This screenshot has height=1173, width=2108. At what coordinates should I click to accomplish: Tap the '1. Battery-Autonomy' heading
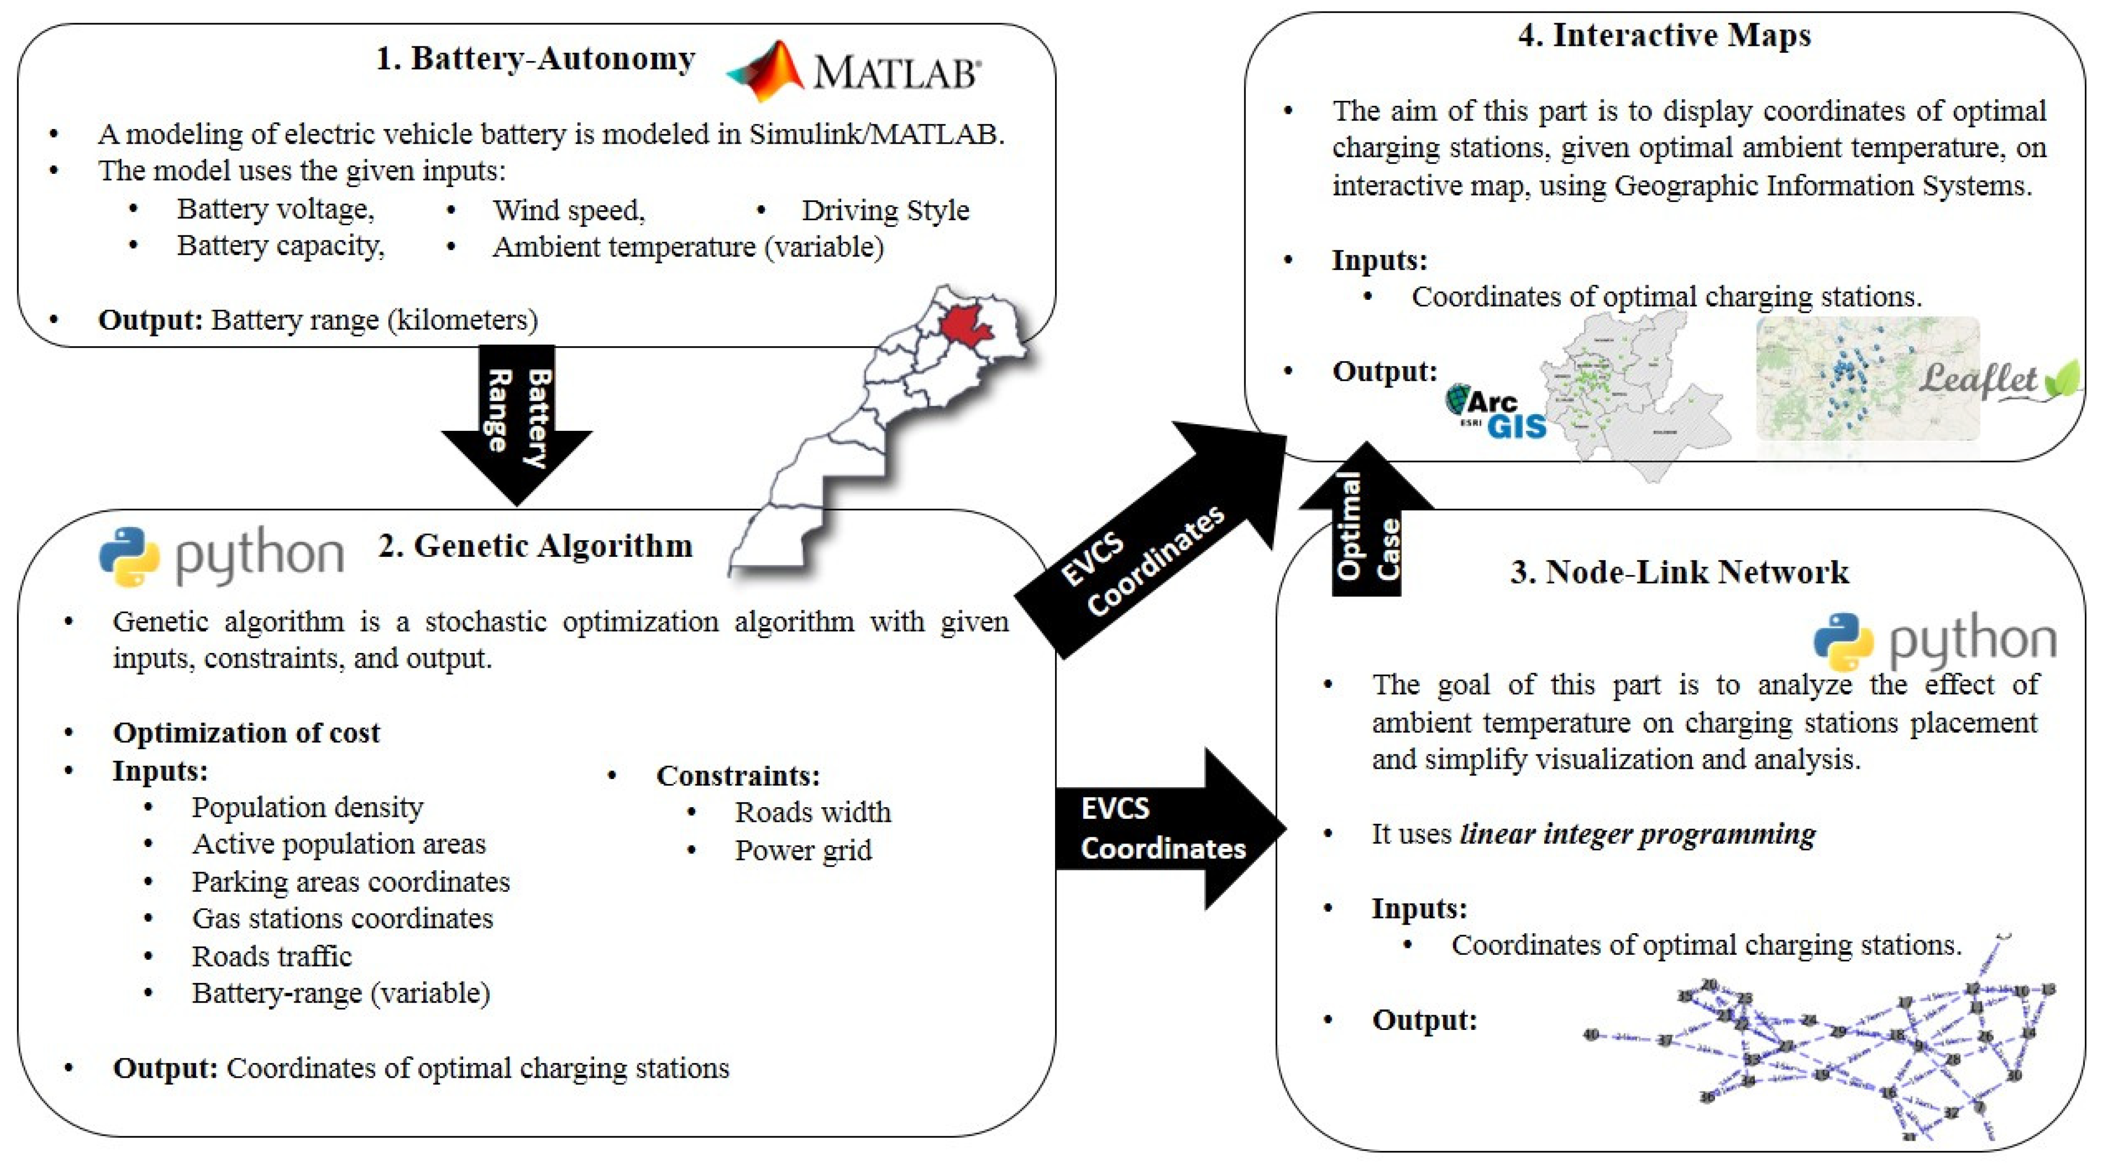click(535, 59)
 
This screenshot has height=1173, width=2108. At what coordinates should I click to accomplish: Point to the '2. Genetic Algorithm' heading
click(535, 546)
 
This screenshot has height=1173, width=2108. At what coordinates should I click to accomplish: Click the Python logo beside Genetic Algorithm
click(221, 557)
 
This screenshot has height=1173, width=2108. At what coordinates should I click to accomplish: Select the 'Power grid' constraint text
click(803, 851)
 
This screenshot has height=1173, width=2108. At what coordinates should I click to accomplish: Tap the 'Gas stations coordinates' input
click(342, 919)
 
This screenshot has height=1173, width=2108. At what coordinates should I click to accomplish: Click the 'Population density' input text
click(308, 807)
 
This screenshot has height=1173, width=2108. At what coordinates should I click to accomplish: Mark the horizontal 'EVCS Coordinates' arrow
click(1166, 828)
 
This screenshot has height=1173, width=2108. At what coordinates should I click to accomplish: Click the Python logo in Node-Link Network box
click(1935, 641)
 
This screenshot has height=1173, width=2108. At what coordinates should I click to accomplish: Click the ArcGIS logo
click(1496, 413)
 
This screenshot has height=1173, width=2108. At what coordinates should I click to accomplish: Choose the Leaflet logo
click(1997, 380)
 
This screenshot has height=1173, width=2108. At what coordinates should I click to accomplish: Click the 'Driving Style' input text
click(885, 211)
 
